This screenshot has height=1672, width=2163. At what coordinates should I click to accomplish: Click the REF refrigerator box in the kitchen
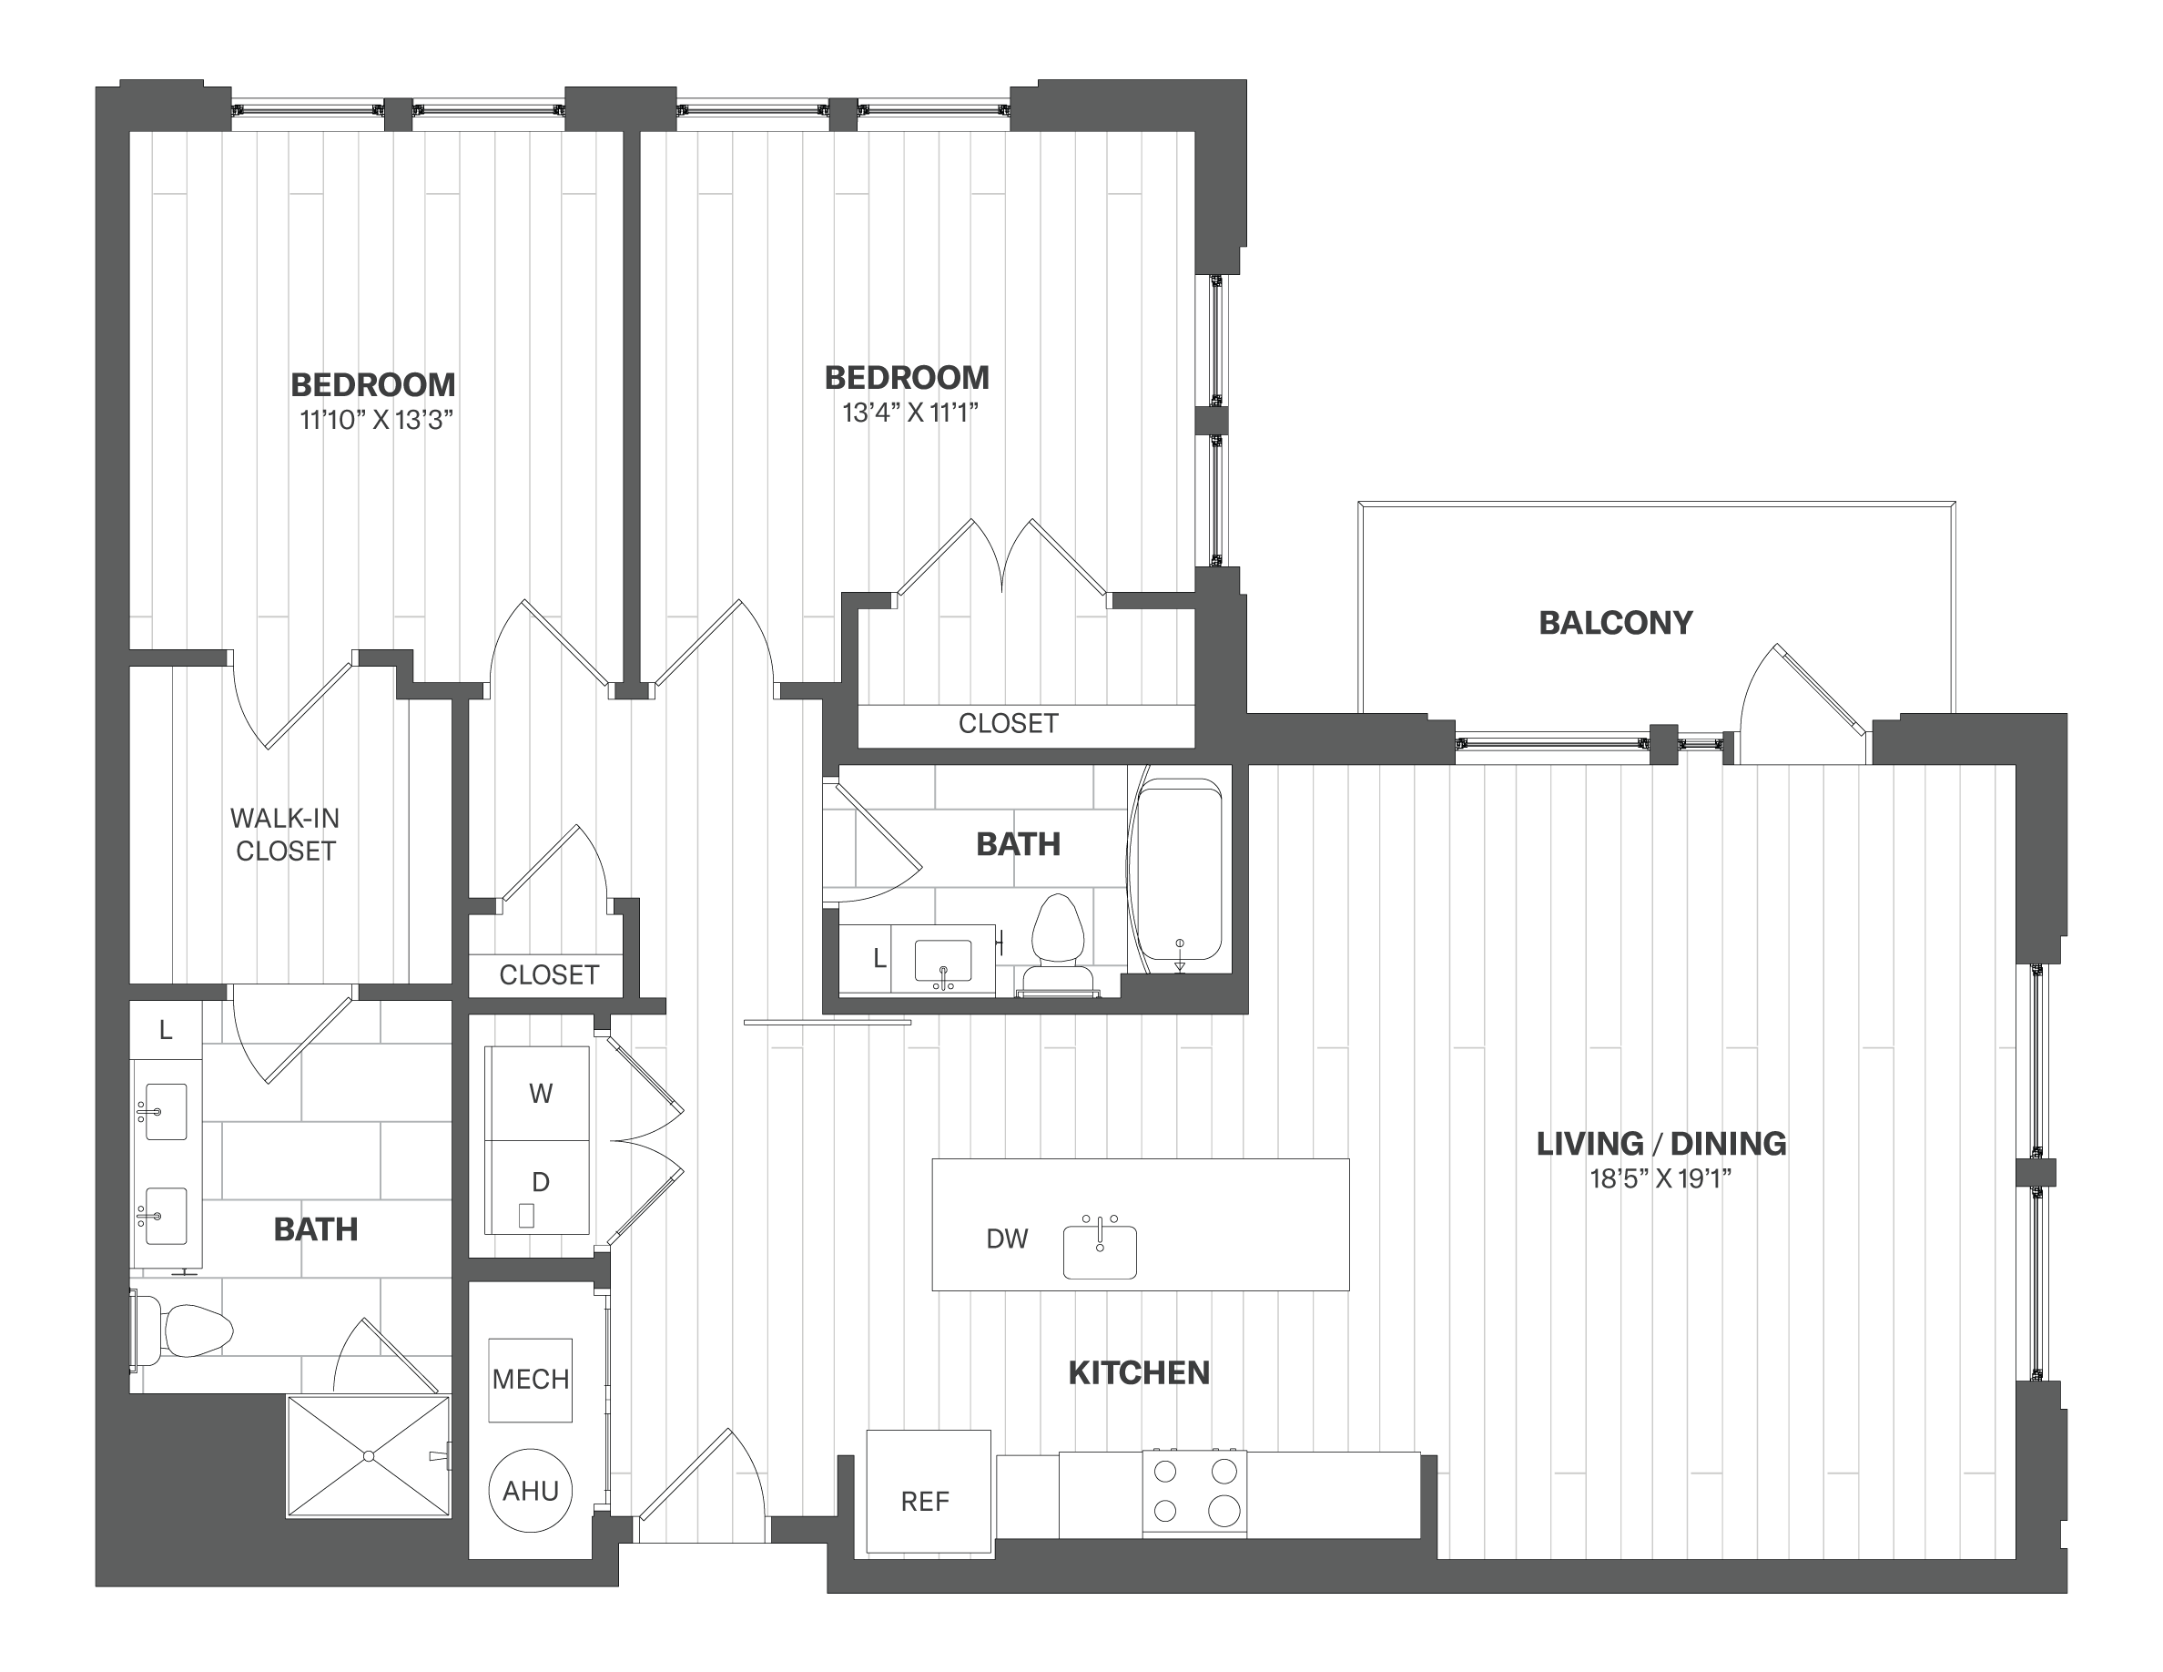point(928,1491)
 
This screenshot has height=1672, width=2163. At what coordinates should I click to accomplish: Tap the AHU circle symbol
point(531,1491)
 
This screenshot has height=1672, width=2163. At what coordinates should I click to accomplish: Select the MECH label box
point(531,1379)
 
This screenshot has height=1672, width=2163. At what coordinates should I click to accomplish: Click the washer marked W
point(539,1093)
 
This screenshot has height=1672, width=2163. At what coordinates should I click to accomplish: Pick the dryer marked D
point(539,1184)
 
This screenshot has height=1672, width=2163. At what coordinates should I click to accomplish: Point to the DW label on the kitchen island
point(1007,1239)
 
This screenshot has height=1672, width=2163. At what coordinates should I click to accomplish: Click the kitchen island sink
point(1100,1251)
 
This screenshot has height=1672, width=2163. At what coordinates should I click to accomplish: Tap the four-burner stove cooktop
point(1194,1494)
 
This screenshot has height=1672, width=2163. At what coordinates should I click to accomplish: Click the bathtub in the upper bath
point(1179,872)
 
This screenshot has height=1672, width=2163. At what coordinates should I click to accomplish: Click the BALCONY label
point(1615,623)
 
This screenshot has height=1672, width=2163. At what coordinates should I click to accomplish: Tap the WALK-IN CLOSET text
point(285,834)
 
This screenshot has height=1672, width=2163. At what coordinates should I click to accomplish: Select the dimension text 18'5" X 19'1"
point(1660,1179)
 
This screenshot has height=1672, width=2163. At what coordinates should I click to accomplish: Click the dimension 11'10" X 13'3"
point(376,420)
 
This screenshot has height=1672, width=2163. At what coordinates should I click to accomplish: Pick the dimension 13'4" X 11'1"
point(910,413)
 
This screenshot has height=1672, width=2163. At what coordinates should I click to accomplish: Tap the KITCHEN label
point(1139,1373)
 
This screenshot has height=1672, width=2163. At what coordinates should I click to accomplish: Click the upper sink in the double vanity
point(166,1110)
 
